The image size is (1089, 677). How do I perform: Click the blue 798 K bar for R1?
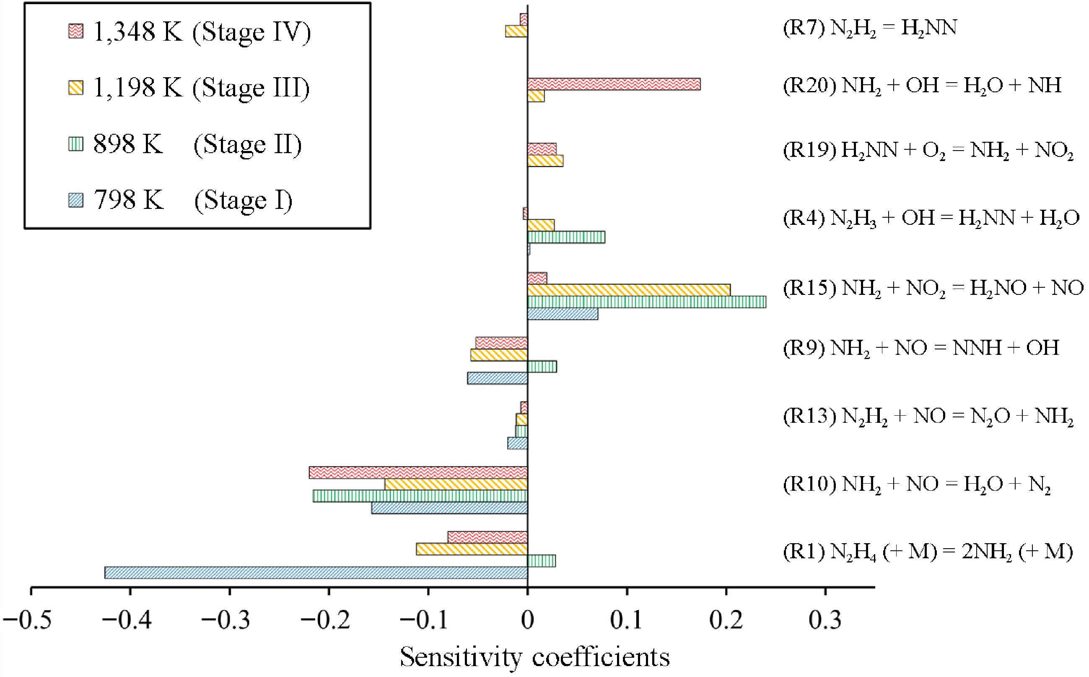pyautogui.click(x=316, y=573)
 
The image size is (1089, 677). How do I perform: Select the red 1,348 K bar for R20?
pyautogui.click(x=614, y=84)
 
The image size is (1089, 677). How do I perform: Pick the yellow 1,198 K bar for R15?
pyautogui.click(x=629, y=290)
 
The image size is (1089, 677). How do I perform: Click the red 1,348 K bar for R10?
pyautogui.click(x=418, y=472)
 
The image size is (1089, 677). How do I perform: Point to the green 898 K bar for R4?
pyautogui.click(x=566, y=237)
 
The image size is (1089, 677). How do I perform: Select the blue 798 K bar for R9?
pyautogui.click(x=497, y=378)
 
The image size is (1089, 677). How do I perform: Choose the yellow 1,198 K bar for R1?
pyautogui.click(x=472, y=549)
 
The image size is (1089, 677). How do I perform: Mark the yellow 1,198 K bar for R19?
pyautogui.click(x=545, y=161)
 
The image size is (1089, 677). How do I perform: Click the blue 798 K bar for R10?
pyautogui.click(x=449, y=508)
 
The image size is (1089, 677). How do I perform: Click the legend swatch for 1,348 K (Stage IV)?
pyautogui.click(x=75, y=31)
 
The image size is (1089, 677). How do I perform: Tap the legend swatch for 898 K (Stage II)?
pyautogui.click(x=75, y=144)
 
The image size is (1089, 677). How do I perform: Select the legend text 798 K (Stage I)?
pyautogui.click(x=193, y=200)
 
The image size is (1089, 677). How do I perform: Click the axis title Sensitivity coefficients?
pyautogui.click(x=535, y=657)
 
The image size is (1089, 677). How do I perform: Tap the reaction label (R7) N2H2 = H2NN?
pyautogui.click(x=870, y=29)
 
